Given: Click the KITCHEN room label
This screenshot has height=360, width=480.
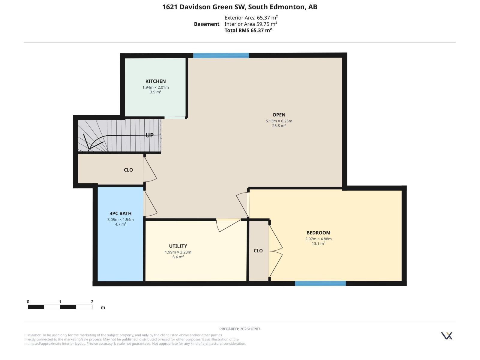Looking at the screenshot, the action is coord(155,81).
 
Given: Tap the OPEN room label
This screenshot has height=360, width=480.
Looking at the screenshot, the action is coord(279,115).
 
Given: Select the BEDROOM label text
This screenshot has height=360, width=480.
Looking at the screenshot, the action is coord(318,233).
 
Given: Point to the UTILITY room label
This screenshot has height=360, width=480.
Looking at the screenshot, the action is coord(178,246).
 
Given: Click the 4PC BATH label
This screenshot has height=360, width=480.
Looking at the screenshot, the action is coord(121,213).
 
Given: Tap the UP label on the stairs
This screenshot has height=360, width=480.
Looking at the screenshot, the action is coord(150,135).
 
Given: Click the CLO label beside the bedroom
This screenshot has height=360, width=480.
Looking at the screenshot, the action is coord(258,251).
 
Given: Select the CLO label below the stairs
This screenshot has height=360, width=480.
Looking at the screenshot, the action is coord(128,170).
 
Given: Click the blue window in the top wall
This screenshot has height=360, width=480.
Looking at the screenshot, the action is coord(221,55).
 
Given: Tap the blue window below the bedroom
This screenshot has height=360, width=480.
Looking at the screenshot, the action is coord(320,283).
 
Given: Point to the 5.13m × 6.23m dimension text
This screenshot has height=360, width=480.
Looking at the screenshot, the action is coord(279,121).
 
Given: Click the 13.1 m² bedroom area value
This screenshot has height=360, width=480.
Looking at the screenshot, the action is coord(318,244).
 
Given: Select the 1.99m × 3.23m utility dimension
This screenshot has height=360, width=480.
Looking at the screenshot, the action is coord(178,252).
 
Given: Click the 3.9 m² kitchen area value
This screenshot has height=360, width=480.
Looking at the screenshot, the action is coord(155,92).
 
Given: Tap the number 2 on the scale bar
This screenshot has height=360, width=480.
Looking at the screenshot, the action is coord(92,301).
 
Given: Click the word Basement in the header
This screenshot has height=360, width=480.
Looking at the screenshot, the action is coord(207,24).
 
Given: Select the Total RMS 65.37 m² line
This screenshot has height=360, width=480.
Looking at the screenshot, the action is coord(248,30).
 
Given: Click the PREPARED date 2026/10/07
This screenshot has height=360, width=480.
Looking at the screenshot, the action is coord(250,329).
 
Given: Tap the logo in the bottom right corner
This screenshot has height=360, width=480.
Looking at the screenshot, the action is coord(446,336).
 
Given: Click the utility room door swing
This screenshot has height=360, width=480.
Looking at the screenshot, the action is coord(228,225).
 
